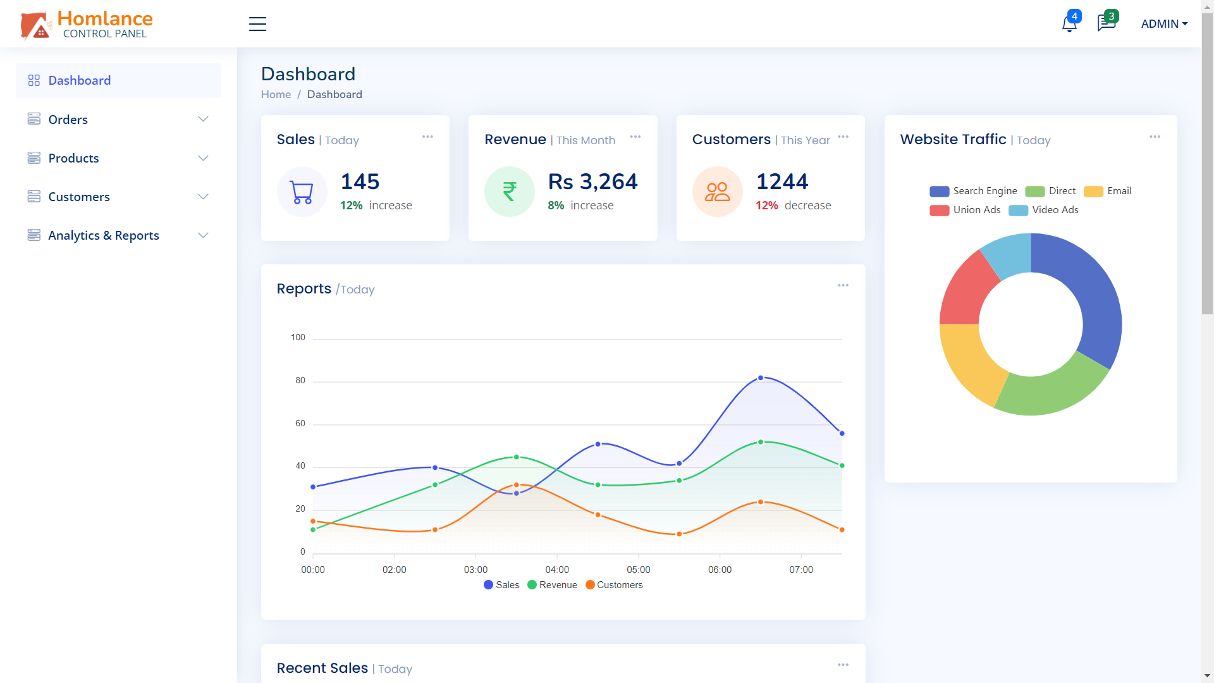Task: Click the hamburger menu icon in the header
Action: click(x=257, y=24)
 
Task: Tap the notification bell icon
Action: click(x=1069, y=24)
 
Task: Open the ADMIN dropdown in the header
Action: click(x=1163, y=24)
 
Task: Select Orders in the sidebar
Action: click(x=68, y=120)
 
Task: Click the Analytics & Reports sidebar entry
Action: click(x=104, y=235)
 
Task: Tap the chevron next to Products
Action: click(x=203, y=158)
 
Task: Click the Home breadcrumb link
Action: click(x=276, y=94)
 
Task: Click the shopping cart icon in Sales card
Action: click(x=302, y=192)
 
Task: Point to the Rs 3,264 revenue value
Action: click(x=592, y=182)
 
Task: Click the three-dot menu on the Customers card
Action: click(x=843, y=137)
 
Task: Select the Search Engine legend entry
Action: click(x=974, y=191)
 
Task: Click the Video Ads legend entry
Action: click(x=1044, y=210)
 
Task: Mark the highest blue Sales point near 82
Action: click(x=761, y=378)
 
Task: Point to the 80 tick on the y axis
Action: click(x=300, y=380)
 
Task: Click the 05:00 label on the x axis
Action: click(x=638, y=570)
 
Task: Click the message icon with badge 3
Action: click(x=1105, y=23)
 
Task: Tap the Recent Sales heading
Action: click(x=322, y=668)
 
